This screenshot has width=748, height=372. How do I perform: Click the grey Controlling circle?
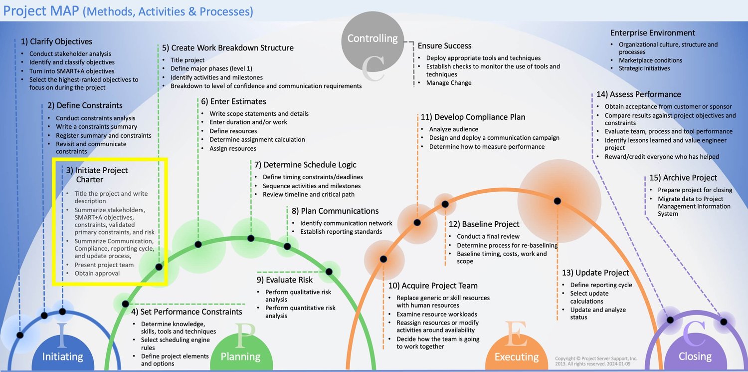373,39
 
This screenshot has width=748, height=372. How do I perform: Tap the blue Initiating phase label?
62,357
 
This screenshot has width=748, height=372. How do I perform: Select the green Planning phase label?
240,357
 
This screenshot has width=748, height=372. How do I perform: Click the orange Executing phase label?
516,357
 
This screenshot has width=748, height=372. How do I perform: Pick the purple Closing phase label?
695,356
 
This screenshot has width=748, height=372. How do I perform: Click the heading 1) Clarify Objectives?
56,41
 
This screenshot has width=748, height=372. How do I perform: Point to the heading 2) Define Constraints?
85,105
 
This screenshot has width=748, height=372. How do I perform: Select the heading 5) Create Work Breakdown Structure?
228,48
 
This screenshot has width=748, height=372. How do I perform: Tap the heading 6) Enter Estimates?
234,101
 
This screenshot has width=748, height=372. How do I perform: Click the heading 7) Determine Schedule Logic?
305,165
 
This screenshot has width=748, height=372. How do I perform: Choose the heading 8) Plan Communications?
335,211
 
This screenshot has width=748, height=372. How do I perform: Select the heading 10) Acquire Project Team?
433,286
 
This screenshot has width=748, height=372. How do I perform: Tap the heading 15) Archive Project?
683,178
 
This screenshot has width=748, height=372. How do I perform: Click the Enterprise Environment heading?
653,33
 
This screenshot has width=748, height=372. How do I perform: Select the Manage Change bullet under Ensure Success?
449,83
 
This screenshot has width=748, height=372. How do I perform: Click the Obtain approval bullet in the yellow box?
97,273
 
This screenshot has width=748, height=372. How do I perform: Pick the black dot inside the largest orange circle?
558,201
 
